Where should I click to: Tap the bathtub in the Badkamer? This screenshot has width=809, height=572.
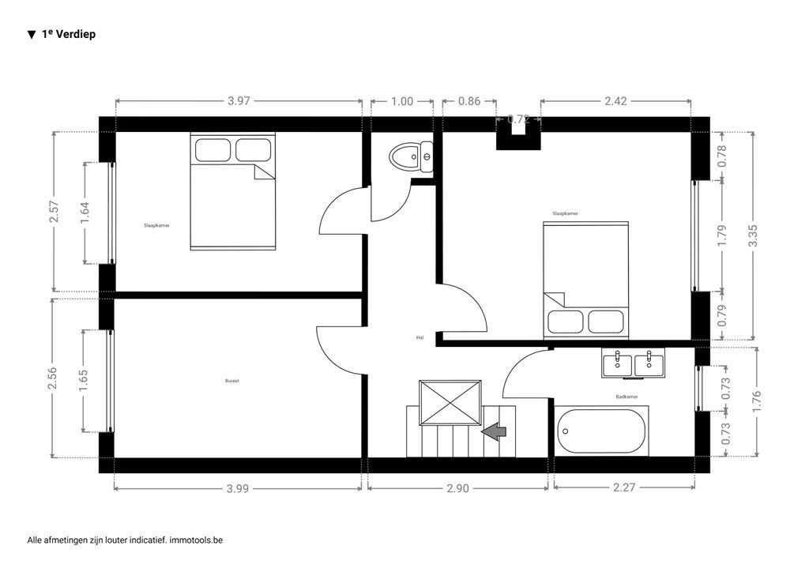click(x=601, y=431)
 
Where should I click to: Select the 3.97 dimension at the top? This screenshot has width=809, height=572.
click(x=239, y=101)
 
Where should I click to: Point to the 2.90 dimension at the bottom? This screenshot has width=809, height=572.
click(x=457, y=488)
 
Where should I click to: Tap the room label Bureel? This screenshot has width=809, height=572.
click(x=232, y=381)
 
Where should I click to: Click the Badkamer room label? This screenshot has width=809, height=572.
click(x=627, y=397)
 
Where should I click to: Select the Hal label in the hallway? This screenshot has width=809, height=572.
click(x=420, y=337)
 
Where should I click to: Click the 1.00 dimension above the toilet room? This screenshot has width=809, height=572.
click(x=402, y=101)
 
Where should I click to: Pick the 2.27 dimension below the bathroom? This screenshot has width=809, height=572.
click(x=624, y=488)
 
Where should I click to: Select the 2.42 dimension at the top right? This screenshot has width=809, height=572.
click(x=615, y=101)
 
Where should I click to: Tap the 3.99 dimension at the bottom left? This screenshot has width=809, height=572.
click(x=238, y=488)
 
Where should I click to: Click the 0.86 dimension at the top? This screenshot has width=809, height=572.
click(x=469, y=101)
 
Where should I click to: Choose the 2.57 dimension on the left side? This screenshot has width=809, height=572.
click(x=54, y=211)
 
